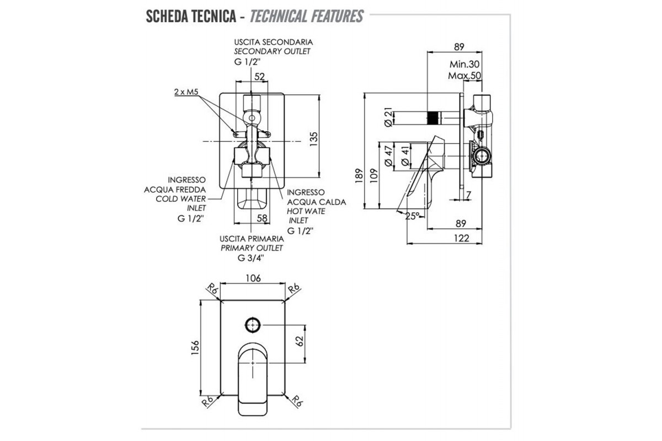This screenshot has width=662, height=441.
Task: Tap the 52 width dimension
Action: (260, 77)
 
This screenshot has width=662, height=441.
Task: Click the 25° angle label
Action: (412, 216)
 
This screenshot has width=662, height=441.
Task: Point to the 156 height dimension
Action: (194, 348)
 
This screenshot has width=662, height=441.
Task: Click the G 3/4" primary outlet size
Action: (251, 257)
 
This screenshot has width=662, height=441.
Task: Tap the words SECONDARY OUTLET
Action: (272, 51)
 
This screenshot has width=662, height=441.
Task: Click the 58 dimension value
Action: (262, 218)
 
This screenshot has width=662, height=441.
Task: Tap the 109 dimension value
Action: (373, 175)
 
